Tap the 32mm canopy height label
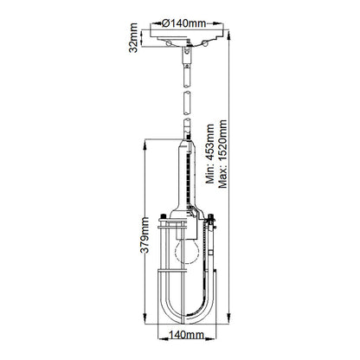tap(132, 39)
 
